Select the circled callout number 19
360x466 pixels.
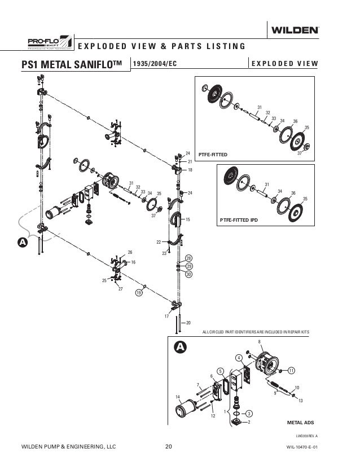139,292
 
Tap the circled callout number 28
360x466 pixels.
189,258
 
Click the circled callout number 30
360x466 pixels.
189,274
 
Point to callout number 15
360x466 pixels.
188,219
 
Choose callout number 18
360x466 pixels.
190,170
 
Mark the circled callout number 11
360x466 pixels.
291,370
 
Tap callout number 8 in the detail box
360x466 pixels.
259,342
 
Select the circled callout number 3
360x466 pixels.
249,414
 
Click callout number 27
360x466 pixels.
120,289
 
